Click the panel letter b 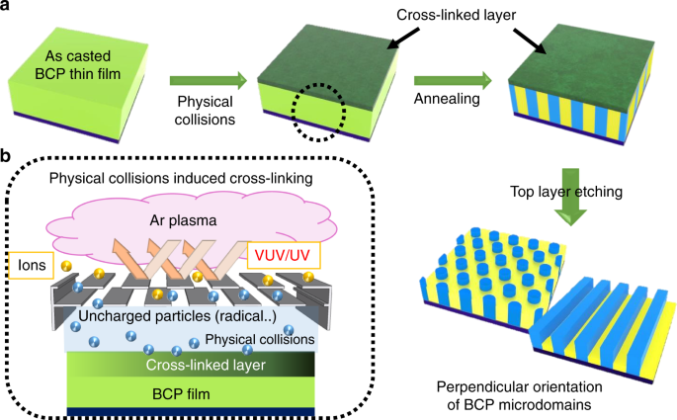(x=8, y=155)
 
